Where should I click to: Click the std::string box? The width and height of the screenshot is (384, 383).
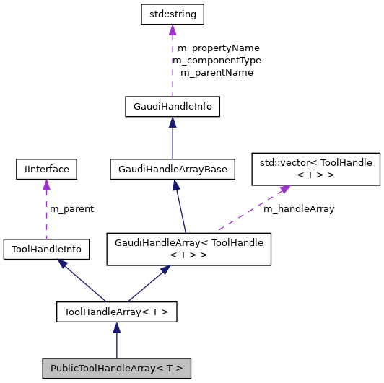click(x=172, y=14)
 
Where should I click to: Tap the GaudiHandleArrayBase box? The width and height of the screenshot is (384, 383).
click(x=172, y=170)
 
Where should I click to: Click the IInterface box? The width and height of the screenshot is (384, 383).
click(x=46, y=170)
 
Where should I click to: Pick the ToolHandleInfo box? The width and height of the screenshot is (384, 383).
click(x=46, y=250)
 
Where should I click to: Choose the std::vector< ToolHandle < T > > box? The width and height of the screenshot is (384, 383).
click(x=315, y=168)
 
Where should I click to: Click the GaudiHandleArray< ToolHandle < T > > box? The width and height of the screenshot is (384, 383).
click(x=189, y=249)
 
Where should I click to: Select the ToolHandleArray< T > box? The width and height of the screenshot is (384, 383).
click(x=116, y=312)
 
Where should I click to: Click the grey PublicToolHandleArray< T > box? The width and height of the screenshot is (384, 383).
click(x=116, y=368)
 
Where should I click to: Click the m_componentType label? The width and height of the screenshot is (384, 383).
click(x=217, y=61)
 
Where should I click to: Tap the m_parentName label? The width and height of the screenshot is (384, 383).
click(x=217, y=73)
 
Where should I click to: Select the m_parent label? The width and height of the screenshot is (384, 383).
click(x=71, y=209)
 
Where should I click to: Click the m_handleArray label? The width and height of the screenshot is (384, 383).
click(x=298, y=209)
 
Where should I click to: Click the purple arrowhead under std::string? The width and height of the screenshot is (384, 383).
click(x=172, y=30)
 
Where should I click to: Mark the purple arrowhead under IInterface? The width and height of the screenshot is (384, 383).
click(x=46, y=185)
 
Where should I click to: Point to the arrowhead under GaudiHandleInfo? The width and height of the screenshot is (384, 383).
click(x=172, y=123)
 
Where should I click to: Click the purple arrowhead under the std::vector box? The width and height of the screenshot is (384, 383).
click(x=285, y=189)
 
